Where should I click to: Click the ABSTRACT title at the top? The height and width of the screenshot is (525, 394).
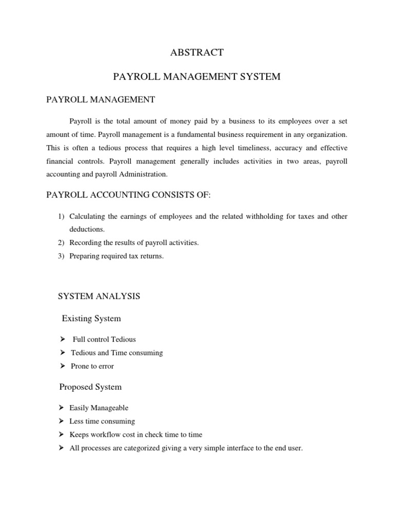coord(197,52)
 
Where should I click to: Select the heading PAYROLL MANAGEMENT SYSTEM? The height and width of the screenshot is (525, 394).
coord(197,77)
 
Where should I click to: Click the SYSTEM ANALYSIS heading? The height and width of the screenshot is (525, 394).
coord(99,296)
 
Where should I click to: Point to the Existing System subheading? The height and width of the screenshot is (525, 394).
coord(91,318)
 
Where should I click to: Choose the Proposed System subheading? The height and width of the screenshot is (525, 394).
coord(91,386)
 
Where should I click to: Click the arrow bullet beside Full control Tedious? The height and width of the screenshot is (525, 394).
coord(63,339)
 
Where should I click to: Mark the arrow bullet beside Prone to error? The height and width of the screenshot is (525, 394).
coord(63,366)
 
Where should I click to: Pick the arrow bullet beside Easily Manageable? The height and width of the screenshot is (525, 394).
coord(63,408)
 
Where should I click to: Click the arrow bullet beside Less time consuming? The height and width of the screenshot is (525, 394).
coord(63,421)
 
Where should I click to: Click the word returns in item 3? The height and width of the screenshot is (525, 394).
coord(151,256)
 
